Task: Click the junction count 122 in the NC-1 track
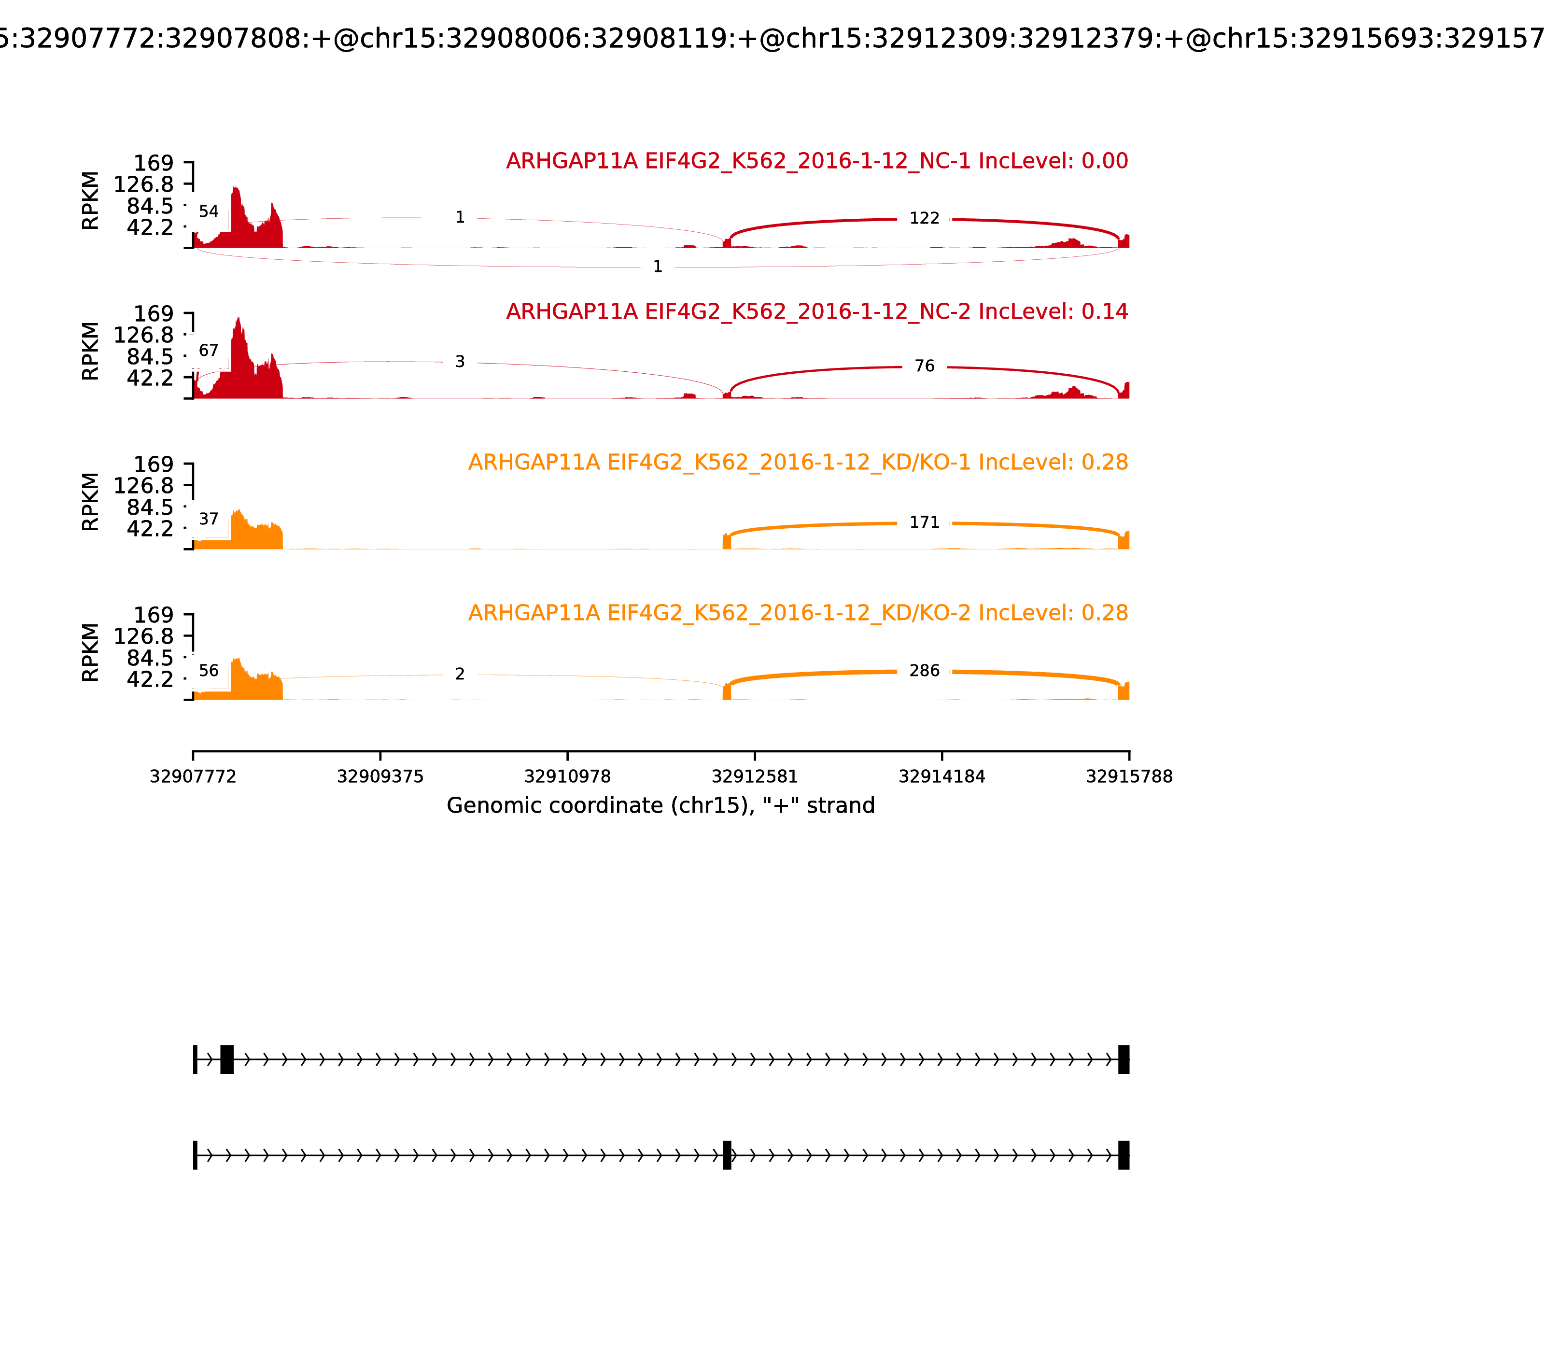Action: pos(924,219)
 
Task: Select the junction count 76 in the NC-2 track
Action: pos(924,366)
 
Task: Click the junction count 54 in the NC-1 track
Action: pos(208,212)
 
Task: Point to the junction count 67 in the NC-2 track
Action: pos(208,351)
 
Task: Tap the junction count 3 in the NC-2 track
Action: pos(460,362)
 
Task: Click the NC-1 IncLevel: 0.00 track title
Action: pos(816,161)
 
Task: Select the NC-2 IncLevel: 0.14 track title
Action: pos(816,311)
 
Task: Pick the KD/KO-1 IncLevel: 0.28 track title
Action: pos(798,463)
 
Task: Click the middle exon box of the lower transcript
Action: pos(727,1155)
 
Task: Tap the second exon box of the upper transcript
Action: pos(226,1059)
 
